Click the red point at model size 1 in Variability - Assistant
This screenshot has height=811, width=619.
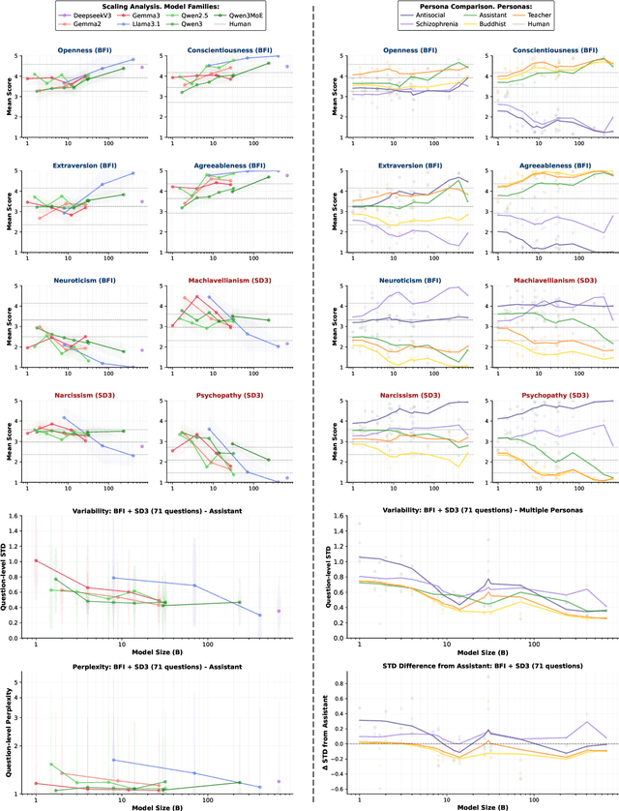pos(36,560)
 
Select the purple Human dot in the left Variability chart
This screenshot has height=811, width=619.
pos(280,611)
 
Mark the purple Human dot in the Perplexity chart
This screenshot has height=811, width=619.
pos(280,781)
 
